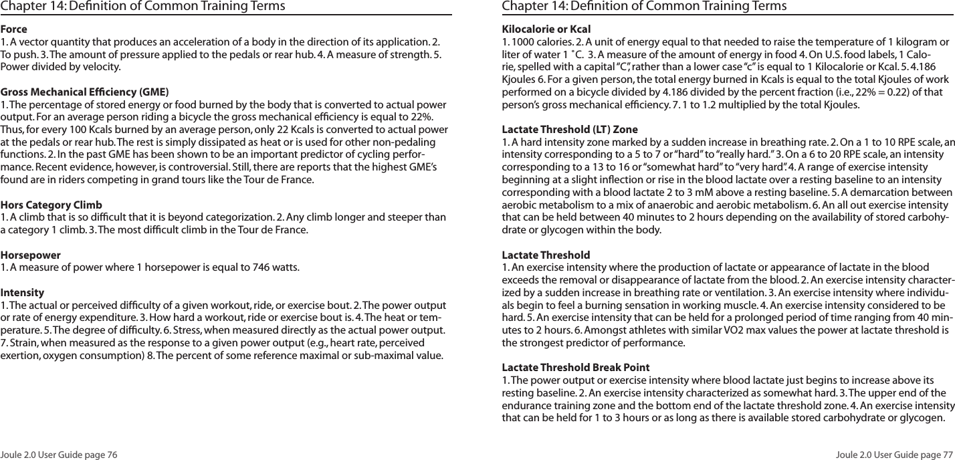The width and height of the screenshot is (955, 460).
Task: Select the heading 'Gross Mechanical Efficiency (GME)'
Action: click(84, 92)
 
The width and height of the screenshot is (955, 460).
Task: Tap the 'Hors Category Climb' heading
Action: click(51, 204)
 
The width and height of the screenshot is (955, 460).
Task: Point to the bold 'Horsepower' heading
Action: click(31, 255)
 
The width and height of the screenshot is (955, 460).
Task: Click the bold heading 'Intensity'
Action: click(23, 293)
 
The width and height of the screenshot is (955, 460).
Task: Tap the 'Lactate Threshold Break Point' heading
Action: click(575, 368)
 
